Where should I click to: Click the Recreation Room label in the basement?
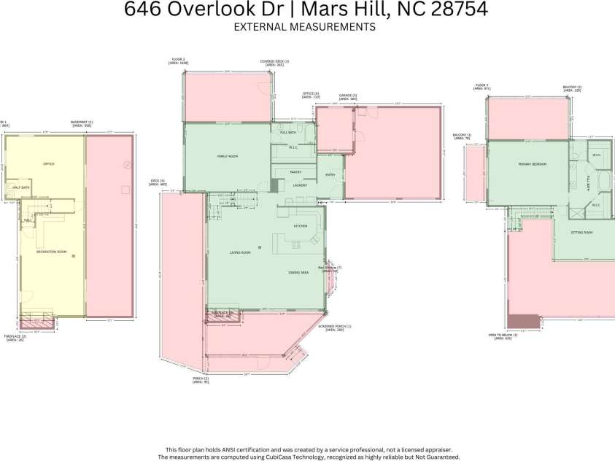52,252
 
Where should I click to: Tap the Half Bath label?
20,187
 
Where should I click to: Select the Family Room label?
228,157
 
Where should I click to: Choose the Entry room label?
330,174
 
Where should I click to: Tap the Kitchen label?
301,226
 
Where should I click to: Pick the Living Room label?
240,252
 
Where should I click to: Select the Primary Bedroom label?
533,165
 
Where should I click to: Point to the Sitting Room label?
581,233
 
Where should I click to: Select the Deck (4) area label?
158,182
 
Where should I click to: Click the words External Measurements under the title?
304,27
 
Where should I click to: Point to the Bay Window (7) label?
330,268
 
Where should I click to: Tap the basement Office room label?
49,163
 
